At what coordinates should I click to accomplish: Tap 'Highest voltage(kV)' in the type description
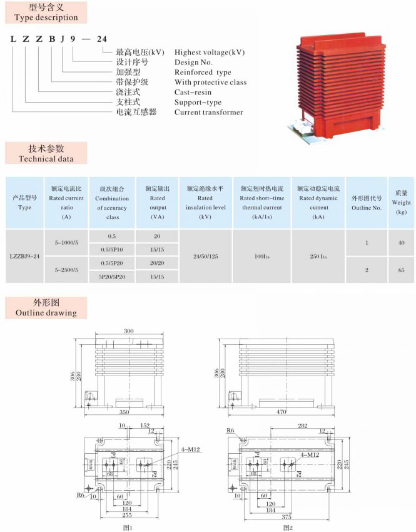click(210, 52)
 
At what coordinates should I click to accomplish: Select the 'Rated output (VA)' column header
click(158, 202)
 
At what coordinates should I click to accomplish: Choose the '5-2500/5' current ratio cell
click(66, 270)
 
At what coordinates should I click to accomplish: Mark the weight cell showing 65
click(401, 270)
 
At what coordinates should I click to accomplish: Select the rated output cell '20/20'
click(158, 263)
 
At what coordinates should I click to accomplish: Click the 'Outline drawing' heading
click(46, 308)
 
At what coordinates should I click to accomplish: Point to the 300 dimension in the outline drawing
click(129, 330)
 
